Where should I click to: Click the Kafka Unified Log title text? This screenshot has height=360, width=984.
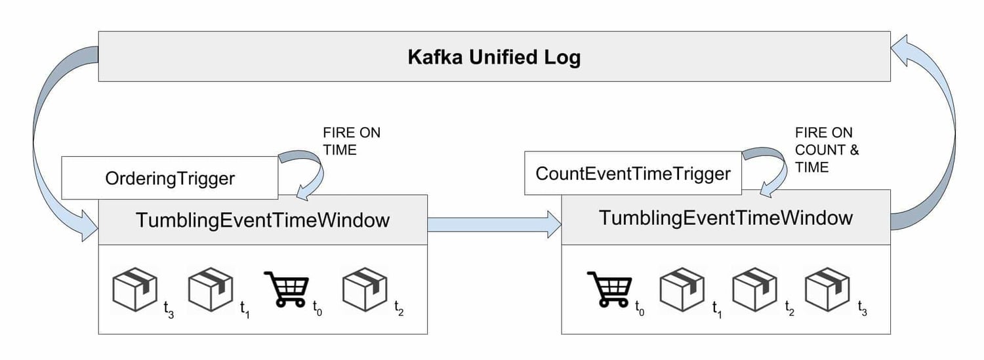tap(493, 57)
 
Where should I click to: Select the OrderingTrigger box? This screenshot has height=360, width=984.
tap(169, 178)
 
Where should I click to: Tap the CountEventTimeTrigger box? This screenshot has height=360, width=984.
tap(632, 174)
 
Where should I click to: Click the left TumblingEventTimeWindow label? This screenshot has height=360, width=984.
tap(262, 220)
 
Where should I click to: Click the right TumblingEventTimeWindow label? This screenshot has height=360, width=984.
tap(726, 217)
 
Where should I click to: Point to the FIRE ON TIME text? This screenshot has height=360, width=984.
tap(351, 141)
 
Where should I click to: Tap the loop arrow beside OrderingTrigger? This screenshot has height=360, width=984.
tap(308, 172)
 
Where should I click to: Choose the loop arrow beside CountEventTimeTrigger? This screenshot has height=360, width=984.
tap(771, 168)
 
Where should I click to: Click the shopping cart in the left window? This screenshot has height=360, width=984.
tap(287, 289)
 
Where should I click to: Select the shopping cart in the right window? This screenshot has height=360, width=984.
tap(609, 289)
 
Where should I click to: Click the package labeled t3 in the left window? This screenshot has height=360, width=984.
tap(135, 289)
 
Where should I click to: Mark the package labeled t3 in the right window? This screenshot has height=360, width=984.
tap(828, 289)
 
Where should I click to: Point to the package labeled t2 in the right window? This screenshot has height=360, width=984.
tap(755, 289)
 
